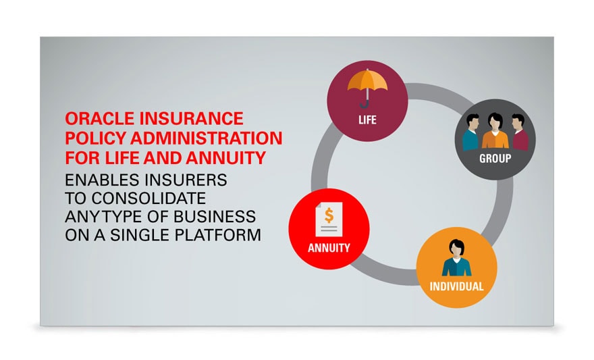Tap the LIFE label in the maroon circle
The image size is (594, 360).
click(x=367, y=120)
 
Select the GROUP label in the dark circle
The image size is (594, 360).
click(x=495, y=159)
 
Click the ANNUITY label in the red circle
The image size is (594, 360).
click(x=329, y=248)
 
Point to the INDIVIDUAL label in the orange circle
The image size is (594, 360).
click(x=456, y=286)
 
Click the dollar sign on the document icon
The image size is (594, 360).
click(x=329, y=215)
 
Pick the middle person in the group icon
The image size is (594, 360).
click(x=495, y=130)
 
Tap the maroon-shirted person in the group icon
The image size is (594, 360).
click(x=519, y=132)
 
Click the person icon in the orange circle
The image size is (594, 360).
click(x=456, y=258)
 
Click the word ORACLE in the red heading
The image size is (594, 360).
click(x=100, y=119)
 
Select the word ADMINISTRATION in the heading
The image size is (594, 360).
click(x=207, y=138)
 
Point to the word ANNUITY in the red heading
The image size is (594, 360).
click(x=225, y=157)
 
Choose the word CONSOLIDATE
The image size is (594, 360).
click(x=148, y=198)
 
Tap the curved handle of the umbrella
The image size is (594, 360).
click(x=365, y=104)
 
